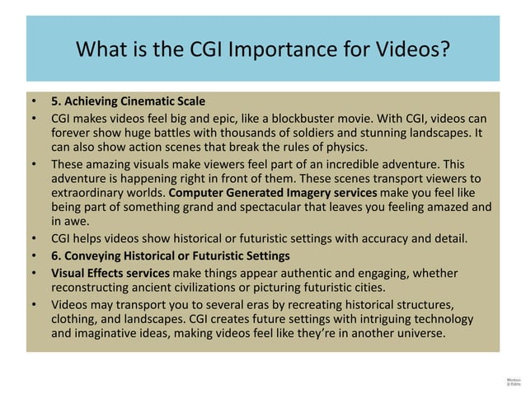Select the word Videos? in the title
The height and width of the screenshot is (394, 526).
tap(407, 49)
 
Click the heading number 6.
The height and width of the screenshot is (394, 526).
tap(56, 255)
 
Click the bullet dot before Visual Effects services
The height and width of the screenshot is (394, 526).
tap(35, 273)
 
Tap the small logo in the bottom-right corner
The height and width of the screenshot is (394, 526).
tap(511, 382)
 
